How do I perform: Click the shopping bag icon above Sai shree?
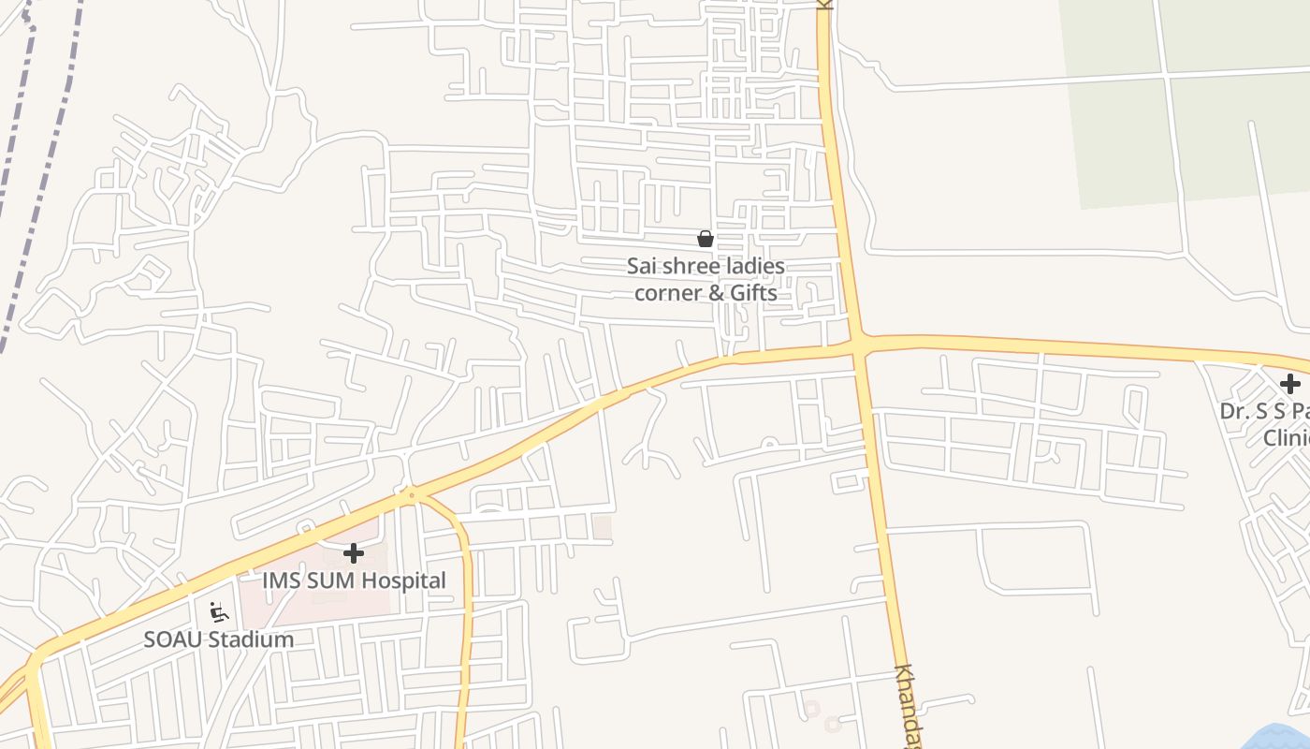tap(706, 239)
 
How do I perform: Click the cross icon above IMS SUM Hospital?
tap(354, 553)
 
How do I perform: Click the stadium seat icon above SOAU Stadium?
tap(219, 612)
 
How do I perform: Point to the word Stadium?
tap(251, 639)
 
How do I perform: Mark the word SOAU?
tap(173, 639)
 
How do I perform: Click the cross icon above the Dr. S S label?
tap(1290, 384)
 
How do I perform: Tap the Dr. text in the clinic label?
tap(1235, 411)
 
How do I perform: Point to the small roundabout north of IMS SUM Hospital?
tap(411, 494)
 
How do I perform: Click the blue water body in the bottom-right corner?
tap(1282, 738)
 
